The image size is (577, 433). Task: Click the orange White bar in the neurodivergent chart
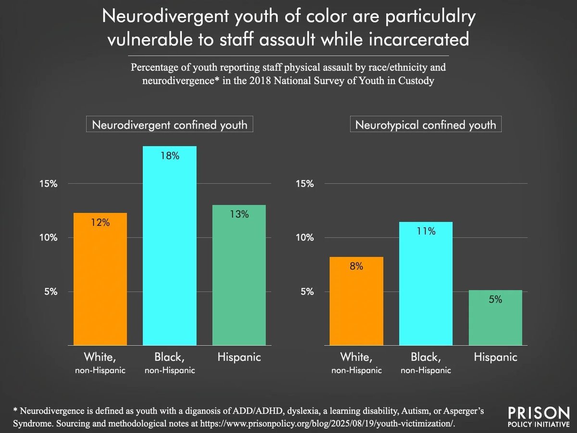(x=100, y=279)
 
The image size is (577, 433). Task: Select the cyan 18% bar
(x=169, y=245)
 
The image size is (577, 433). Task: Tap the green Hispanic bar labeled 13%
(x=239, y=275)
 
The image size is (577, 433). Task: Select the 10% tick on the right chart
(x=304, y=238)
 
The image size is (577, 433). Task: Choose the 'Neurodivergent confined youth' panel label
(x=169, y=125)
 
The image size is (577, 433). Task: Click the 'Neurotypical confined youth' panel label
(x=425, y=125)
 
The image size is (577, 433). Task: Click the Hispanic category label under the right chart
(x=496, y=357)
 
